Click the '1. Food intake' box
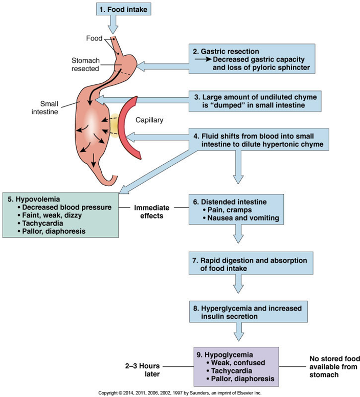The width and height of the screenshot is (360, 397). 123,10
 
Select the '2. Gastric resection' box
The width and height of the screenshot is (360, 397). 252,59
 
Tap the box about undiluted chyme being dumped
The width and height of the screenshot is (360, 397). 255,101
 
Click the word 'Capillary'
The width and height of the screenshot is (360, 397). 149,120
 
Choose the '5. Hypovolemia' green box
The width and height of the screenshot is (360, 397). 60,215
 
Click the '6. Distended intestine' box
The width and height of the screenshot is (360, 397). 236,209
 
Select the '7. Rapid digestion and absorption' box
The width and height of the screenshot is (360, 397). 251,263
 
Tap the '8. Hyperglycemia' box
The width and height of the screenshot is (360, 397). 249,312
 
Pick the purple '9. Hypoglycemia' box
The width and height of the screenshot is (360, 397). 236,367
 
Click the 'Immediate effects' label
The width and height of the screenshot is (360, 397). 151,212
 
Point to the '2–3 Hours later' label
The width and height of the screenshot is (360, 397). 143,370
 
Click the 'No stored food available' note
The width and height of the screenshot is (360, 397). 334,367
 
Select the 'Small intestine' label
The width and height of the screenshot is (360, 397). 45,107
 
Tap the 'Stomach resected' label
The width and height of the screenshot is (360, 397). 85,64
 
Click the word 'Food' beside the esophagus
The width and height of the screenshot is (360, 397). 94,38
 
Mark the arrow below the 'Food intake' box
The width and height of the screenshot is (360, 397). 113,25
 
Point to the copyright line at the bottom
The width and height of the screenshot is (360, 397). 179,393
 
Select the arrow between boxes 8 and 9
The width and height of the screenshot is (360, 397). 238,332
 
